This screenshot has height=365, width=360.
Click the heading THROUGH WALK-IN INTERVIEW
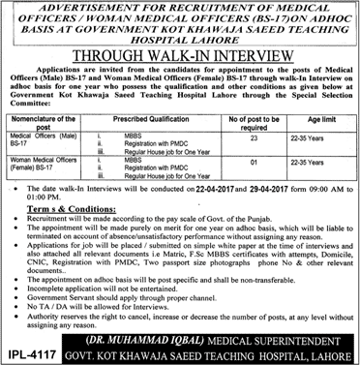pyautogui.click(x=180, y=58)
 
